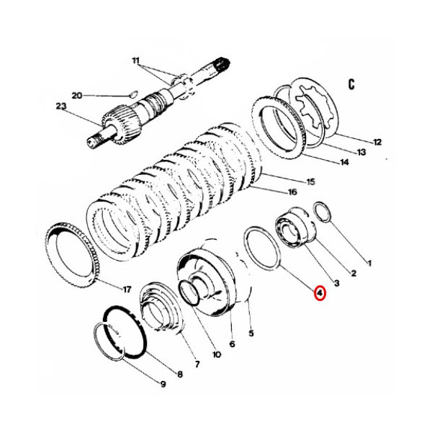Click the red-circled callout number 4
[318, 293]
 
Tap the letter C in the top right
[351, 84]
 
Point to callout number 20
[77, 95]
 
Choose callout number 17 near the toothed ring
[127, 290]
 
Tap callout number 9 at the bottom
[163, 384]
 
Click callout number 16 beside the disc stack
[292, 192]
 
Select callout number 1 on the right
[369, 264]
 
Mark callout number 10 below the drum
[217, 354]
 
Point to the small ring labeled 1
[323, 213]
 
